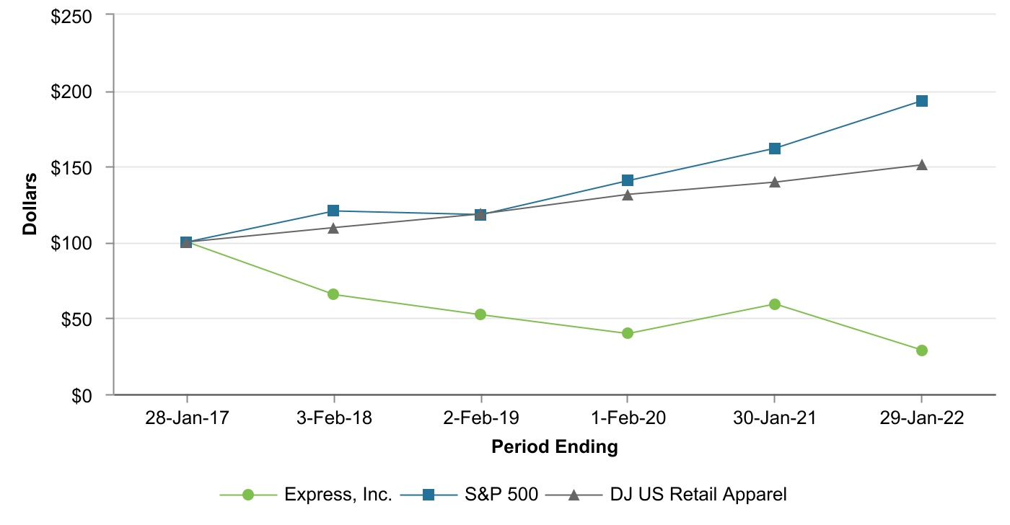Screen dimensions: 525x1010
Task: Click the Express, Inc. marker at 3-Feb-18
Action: click(333, 294)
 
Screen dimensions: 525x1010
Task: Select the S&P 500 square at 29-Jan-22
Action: click(921, 101)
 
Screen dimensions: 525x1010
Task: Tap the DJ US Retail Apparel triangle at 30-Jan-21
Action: click(774, 182)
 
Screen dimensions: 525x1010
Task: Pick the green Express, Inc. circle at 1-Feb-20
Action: click(628, 333)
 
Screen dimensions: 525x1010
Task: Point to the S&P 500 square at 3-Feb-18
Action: click(333, 211)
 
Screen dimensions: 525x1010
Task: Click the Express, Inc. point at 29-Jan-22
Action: click(921, 350)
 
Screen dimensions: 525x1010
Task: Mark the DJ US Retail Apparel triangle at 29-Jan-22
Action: click(921, 165)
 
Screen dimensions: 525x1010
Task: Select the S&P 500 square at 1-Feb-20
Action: click(628, 180)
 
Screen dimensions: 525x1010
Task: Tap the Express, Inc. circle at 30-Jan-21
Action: click(774, 304)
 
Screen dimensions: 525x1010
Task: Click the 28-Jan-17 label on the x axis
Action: click(187, 419)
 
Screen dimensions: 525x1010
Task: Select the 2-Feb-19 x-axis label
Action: click(480, 419)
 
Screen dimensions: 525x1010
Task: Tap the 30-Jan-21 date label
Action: click(774, 419)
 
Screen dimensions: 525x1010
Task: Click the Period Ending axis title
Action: click(555, 447)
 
